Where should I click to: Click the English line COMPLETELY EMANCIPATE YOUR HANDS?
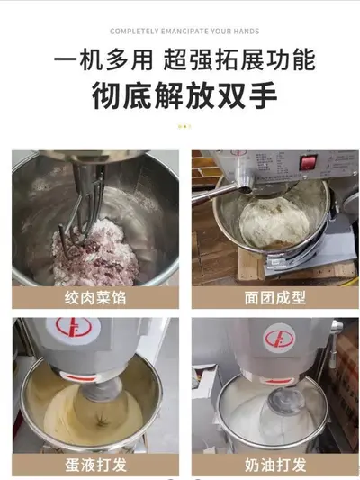[x=184, y=32]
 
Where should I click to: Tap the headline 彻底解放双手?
[x=184, y=95]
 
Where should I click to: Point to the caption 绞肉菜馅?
[x=95, y=297]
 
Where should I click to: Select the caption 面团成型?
[x=275, y=297]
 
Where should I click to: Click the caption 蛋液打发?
[x=95, y=465]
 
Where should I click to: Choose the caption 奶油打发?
[x=275, y=465]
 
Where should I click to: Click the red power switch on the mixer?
[x=308, y=162]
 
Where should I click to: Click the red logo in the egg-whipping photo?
[x=73, y=328]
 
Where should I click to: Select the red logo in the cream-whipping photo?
[x=279, y=339]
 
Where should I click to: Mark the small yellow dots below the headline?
[x=184, y=126]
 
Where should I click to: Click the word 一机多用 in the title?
[x=103, y=59]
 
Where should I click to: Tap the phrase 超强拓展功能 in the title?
[x=239, y=59]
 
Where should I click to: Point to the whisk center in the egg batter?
[x=101, y=421]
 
